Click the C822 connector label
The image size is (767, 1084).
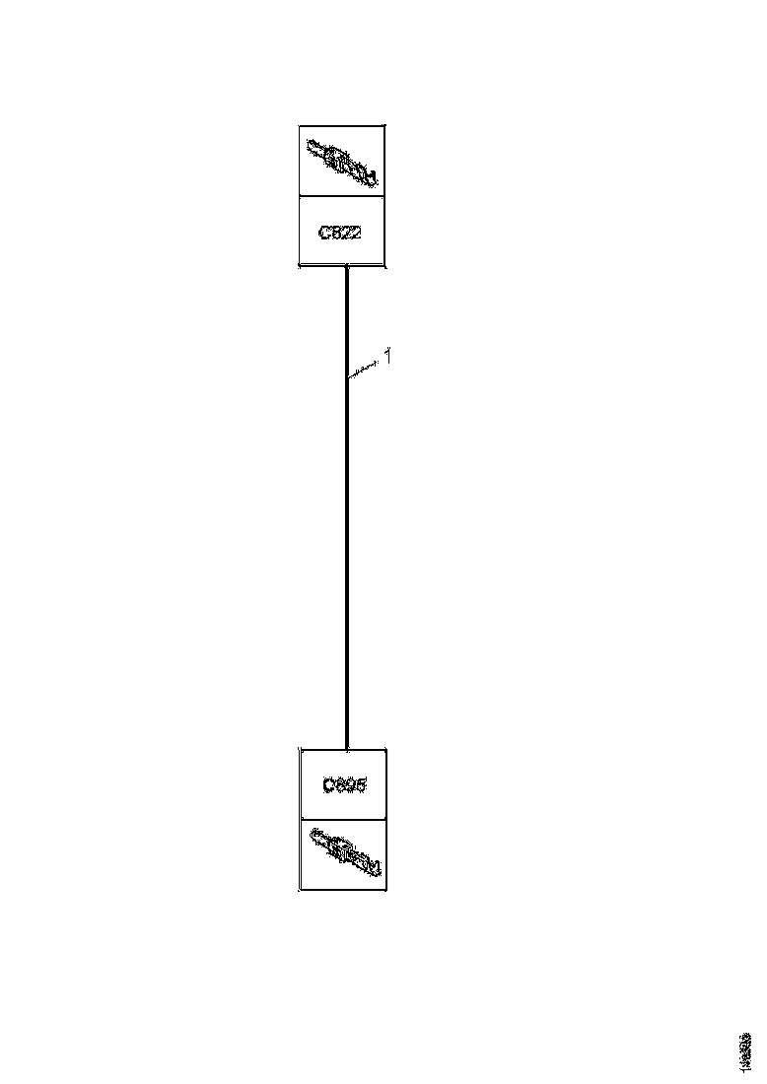342,233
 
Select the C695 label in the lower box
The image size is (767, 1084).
343,785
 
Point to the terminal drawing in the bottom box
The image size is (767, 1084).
343,853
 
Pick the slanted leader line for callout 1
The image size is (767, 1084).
364,370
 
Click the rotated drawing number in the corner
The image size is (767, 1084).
744,1050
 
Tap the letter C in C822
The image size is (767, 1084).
324,233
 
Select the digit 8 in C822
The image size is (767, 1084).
337,233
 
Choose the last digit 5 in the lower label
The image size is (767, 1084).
361,785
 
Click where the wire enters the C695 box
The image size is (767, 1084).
347,748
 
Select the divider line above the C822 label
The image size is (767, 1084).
342,196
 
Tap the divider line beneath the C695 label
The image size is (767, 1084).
343,819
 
